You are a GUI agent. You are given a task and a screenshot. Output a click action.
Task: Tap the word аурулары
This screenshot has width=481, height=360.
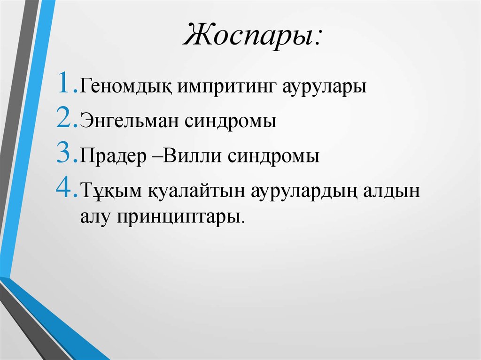324,88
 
